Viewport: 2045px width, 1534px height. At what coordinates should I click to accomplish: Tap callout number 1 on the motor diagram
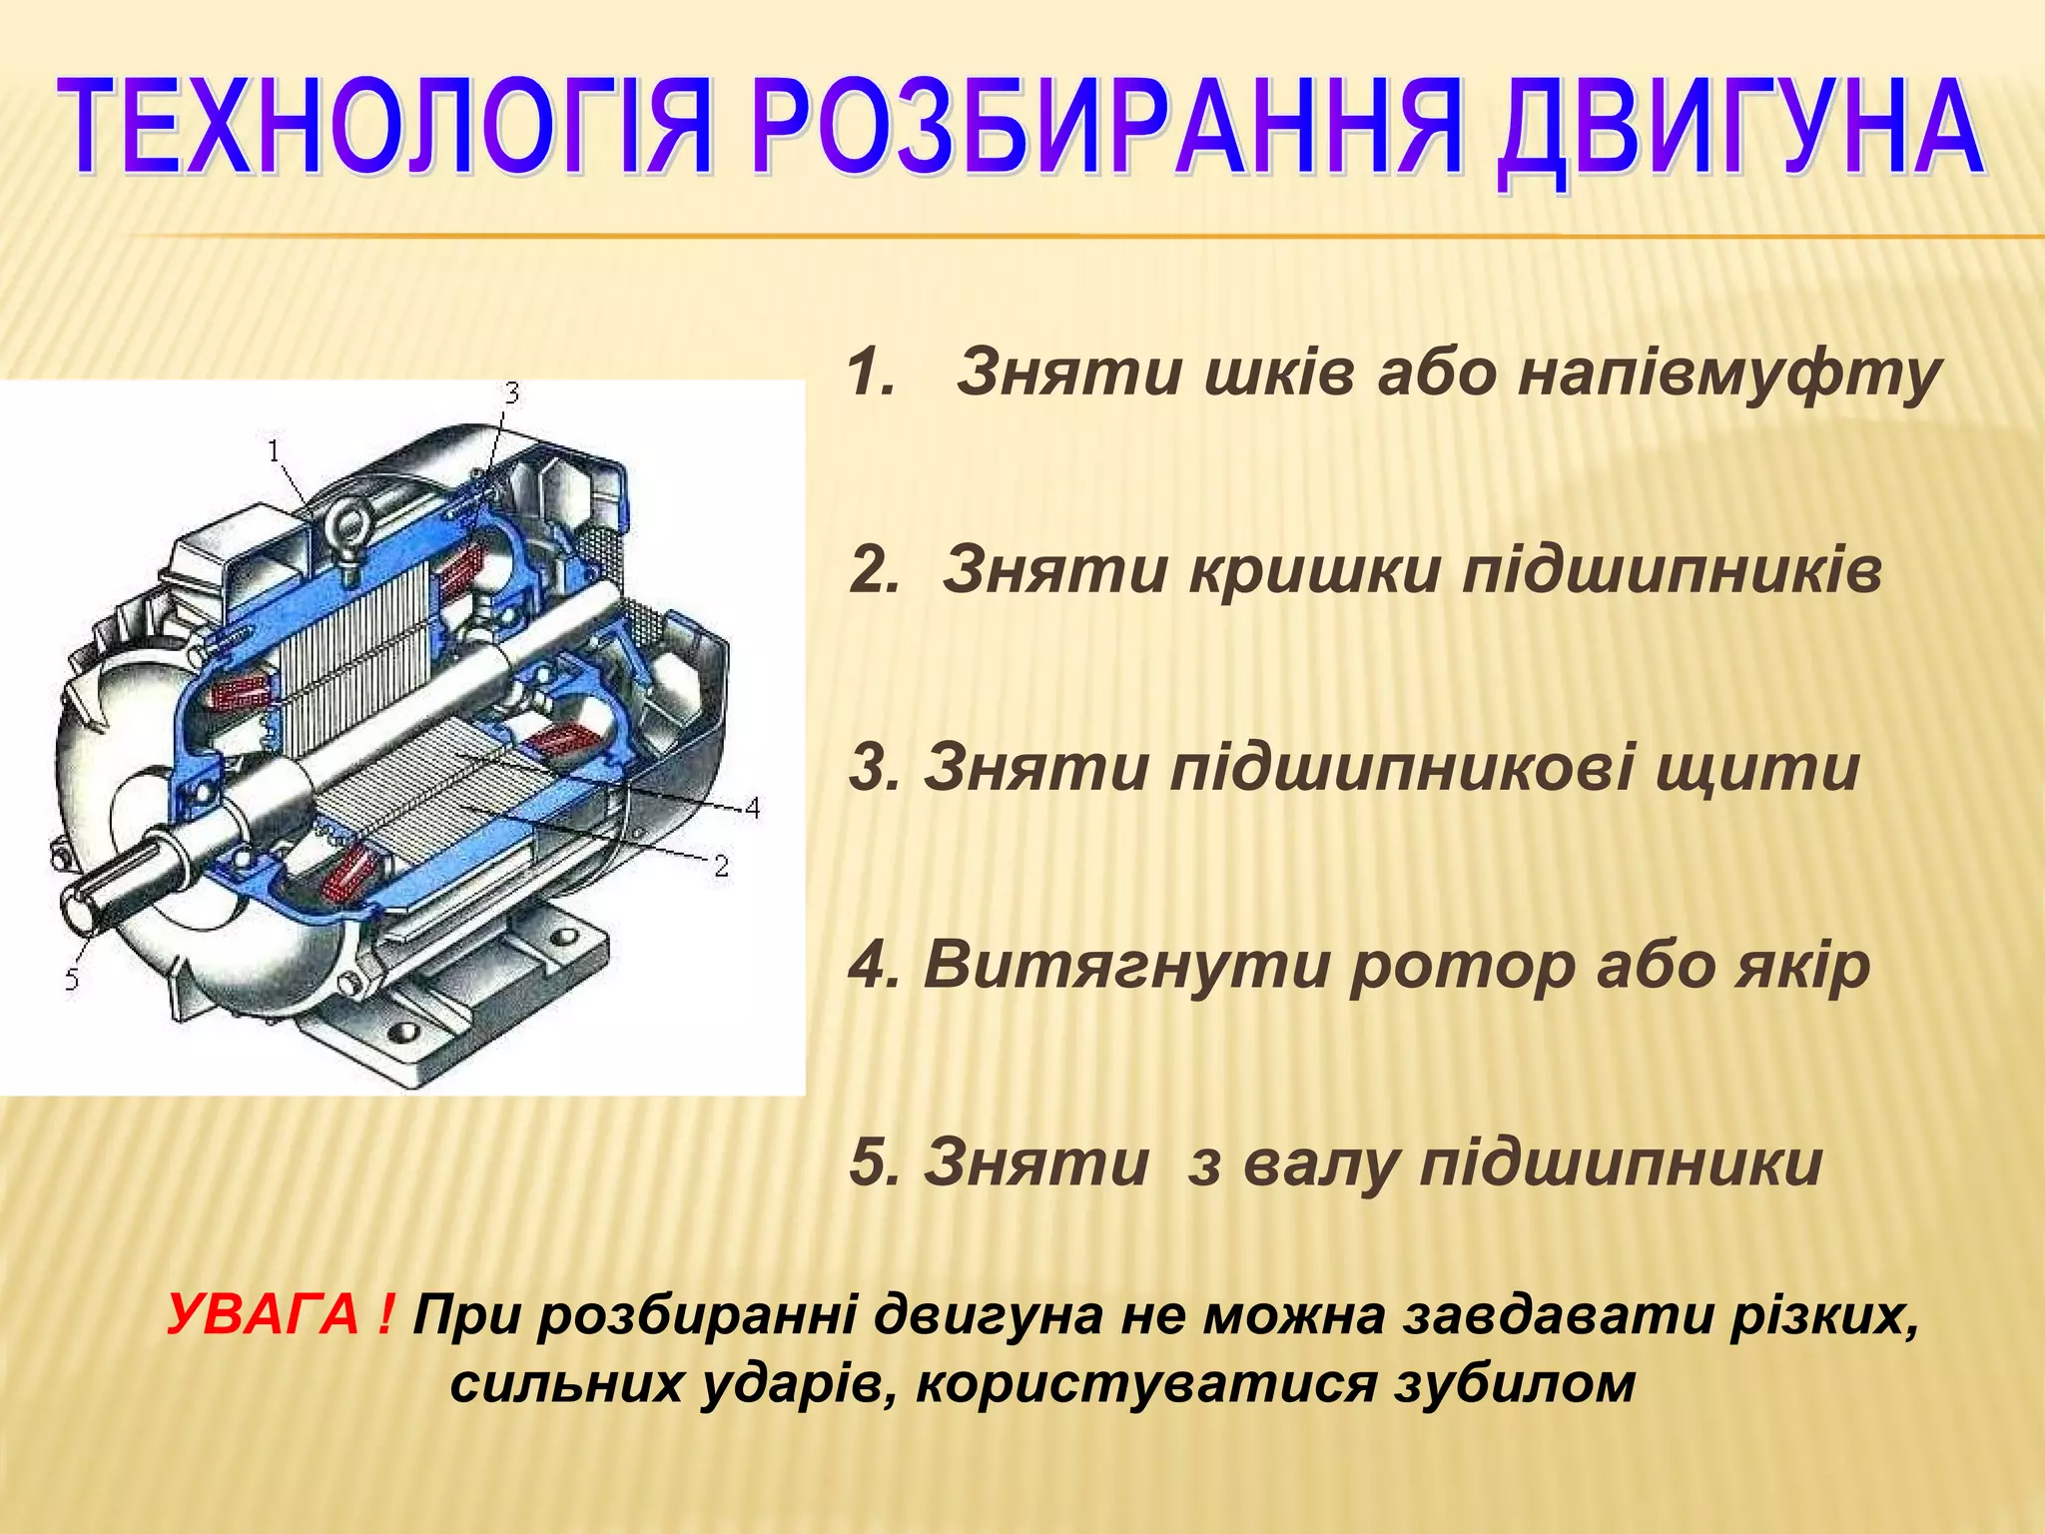coord(274,451)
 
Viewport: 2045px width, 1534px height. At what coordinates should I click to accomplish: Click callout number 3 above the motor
coord(511,393)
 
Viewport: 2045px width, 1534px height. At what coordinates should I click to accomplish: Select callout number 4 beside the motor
coord(752,807)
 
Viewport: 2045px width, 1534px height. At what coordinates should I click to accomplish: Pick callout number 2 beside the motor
coord(721,866)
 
